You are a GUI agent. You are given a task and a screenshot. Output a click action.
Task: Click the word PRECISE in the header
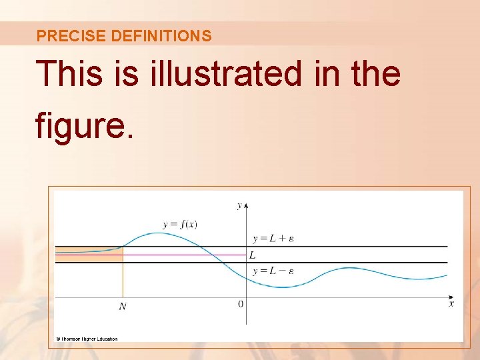click(x=61, y=36)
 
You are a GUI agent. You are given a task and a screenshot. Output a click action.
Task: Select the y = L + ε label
click(x=273, y=238)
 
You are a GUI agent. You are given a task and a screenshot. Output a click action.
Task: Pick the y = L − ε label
click(x=273, y=271)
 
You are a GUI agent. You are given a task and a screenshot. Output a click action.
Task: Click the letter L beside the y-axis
click(x=252, y=255)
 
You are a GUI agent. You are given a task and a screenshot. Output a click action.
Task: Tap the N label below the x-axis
click(x=123, y=306)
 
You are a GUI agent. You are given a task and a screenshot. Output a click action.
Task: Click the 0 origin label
click(x=241, y=304)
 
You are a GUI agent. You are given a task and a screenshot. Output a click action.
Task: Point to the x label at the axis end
click(x=451, y=304)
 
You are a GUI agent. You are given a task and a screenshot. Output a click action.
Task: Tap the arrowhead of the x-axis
click(x=451, y=297)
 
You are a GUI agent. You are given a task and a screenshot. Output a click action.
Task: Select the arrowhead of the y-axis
click(x=246, y=202)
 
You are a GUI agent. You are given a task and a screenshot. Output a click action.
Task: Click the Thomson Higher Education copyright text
click(x=87, y=339)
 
